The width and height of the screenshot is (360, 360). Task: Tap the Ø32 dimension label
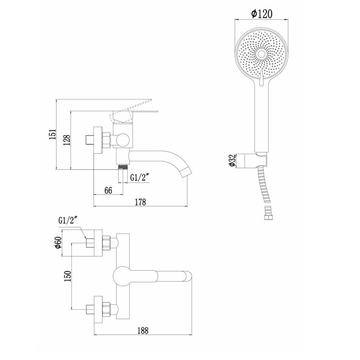click(232, 160)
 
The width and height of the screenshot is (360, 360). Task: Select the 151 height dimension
click(53, 134)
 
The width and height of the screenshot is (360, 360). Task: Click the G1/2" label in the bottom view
click(68, 221)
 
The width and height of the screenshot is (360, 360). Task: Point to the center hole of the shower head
click(262, 53)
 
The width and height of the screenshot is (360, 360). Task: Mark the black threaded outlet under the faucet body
click(123, 167)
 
